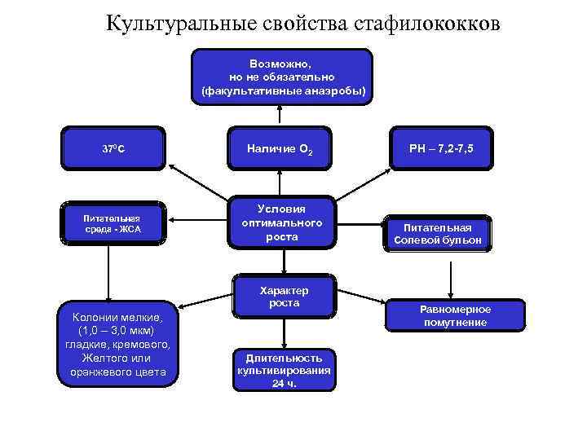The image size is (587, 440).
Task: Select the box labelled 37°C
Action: pyautogui.click(x=113, y=149)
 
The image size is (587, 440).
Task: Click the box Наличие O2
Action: pyautogui.click(x=280, y=148)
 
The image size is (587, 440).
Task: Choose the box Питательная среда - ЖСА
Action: pyautogui.click(x=113, y=223)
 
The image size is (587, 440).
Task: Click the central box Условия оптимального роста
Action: pyautogui.click(x=282, y=222)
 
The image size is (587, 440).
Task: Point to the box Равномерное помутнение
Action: pyautogui.click(x=455, y=316)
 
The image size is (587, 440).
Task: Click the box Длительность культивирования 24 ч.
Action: pyautogui.click(x=283, y=370)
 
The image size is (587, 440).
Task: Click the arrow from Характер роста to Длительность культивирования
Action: pyautogui.click(x=283, y=331)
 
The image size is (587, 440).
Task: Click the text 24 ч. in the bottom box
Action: pyautogui.click(x=284, y=382)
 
